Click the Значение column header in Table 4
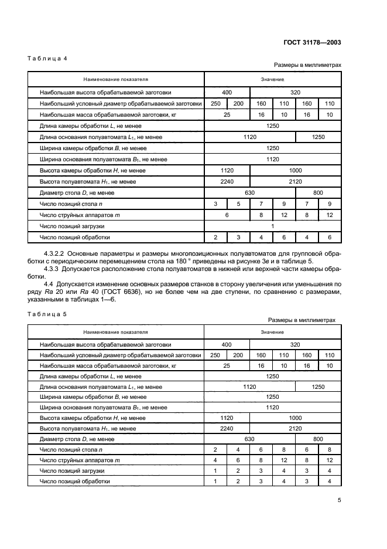tap(272, 79)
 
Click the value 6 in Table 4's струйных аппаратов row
tap(227, 215)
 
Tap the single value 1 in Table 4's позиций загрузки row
tap(272, 226)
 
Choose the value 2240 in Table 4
tap(227, 182)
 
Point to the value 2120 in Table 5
tap(295, 429)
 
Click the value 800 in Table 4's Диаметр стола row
tap(318, 193)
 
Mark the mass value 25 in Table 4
tap(227, 114)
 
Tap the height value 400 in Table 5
tap(227, 345)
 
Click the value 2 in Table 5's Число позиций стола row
tap(215, 449)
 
